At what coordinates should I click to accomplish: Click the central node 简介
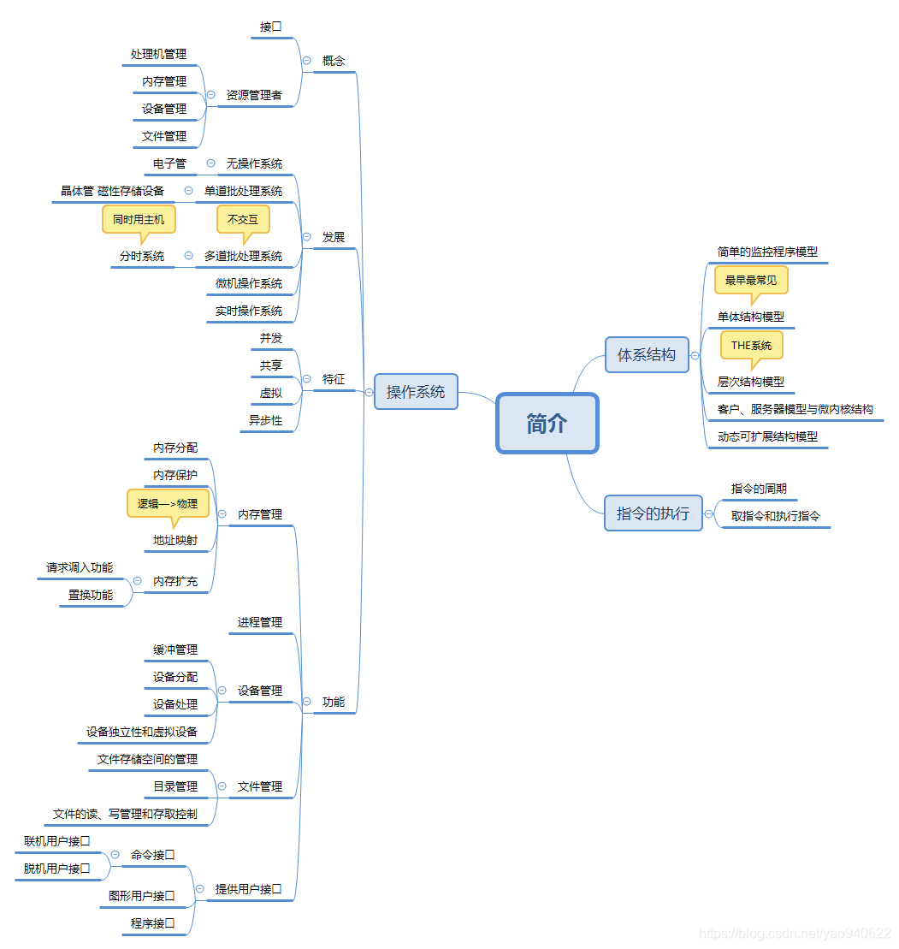[x=547, y=424]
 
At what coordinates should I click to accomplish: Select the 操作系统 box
[x=416, y=392]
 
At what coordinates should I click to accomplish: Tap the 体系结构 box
[x=647, y=354]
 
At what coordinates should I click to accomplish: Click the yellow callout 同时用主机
[x=139, y=220]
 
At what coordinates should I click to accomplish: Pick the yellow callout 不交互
[x=243, y=220]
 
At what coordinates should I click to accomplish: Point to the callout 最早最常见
[x=751, y=280]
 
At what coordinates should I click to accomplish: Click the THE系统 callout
[x=751, y=346]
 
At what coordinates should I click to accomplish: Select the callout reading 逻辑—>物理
[x=168, y=504]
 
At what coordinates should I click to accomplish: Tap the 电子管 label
[x=169, y=163]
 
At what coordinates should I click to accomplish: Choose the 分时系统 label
[x=142, y=256]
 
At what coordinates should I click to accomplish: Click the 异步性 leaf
[x=265, y=420]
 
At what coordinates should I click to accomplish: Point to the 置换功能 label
[x=91, y=595]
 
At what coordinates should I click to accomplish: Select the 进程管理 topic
[x=260, y=622]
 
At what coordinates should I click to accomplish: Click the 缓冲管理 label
[x=175, y=649]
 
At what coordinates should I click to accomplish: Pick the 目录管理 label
[x=175, y=786]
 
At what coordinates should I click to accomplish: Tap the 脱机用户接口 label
[x=57, y=869]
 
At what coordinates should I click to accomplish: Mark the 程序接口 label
[x=153, y=923]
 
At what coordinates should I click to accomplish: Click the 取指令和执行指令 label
[x=776, y=516]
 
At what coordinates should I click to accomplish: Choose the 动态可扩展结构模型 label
[x=767, y=436]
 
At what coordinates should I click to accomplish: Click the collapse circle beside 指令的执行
[x=709, y=513]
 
